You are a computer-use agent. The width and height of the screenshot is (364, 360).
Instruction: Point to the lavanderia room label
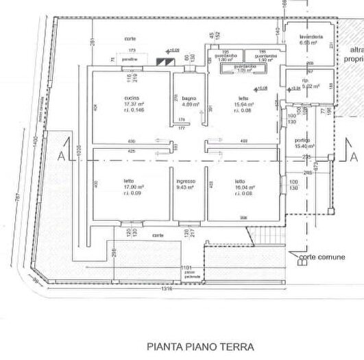(x=302, y=36)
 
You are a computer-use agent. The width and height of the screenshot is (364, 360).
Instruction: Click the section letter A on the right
(x=353, y=157)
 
